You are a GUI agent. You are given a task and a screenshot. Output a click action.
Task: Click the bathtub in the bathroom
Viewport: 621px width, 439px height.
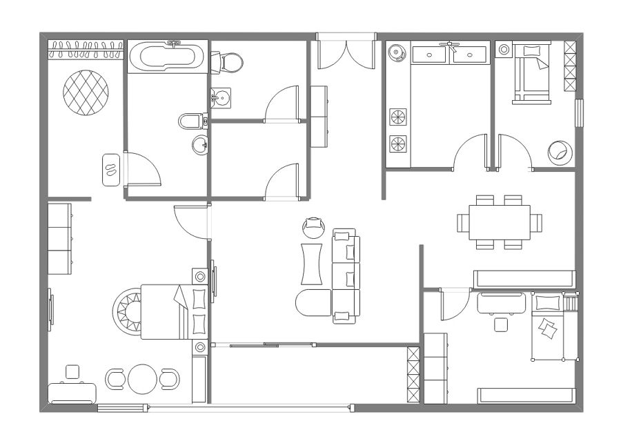[x=166, y=57]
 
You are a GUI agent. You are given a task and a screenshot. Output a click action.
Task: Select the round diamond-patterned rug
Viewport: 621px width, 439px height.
[x=86, y=92]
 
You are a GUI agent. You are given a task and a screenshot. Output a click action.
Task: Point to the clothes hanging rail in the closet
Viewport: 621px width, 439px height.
[x=86, y=48]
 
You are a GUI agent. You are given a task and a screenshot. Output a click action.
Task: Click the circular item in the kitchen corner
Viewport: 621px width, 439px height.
[x=397, y=52]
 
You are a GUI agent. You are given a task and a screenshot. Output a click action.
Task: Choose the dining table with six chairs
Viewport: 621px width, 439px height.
[x=500, y=222]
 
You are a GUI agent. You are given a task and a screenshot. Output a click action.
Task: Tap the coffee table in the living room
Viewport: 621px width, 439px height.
[x=312, y=263]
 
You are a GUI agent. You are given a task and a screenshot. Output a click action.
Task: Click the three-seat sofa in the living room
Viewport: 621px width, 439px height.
[x=346, y=276]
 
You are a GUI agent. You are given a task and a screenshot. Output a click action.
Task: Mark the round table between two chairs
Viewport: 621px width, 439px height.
[x=141, y=378]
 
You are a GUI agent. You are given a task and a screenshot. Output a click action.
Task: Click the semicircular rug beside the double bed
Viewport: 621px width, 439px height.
[x=129, y=312]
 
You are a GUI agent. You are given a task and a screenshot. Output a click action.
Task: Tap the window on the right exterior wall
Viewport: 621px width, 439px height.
[x=578, y=113]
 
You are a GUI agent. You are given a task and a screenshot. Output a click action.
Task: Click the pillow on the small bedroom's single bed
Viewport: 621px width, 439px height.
[x=531, y=51]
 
